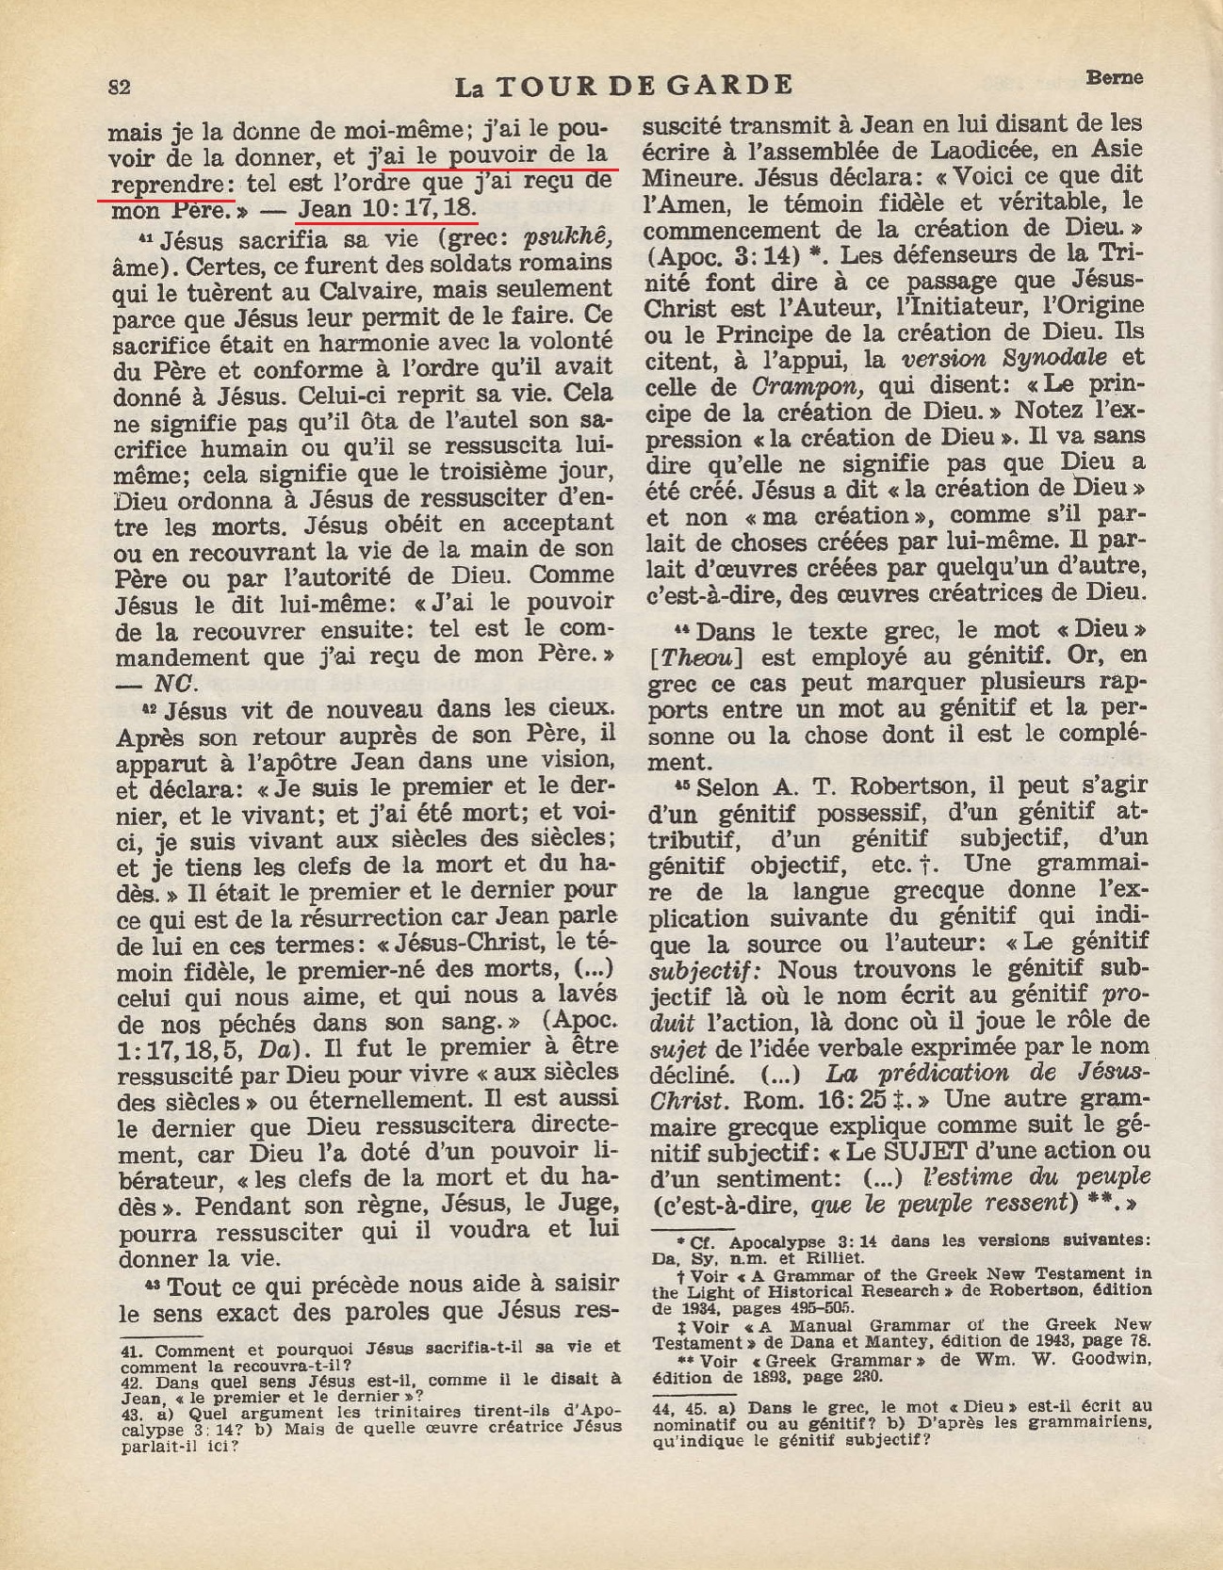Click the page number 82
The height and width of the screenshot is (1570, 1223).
tap(119, 88)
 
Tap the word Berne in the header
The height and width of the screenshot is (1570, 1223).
tap(1115, 77)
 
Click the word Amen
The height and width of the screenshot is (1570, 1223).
tap(695, 202)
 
